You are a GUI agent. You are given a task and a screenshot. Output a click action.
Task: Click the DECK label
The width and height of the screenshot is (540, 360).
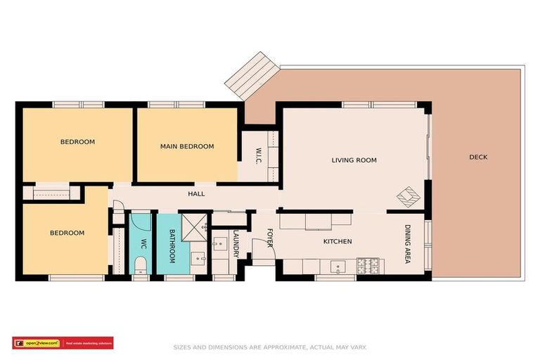click(x=478, y=157)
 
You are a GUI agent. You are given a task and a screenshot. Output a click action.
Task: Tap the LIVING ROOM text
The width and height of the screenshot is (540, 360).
click(x=354, y=160)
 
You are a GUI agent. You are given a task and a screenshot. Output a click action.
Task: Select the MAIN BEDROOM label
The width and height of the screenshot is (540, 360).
click(x=186, y=146)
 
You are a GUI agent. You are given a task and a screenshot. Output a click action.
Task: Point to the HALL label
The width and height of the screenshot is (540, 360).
click(x=196, y=193)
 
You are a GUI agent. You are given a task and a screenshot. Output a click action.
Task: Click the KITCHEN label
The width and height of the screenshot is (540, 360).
click(x=337, y=242)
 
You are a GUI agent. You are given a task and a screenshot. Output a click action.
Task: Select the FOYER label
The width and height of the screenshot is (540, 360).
click(x=269, y=238)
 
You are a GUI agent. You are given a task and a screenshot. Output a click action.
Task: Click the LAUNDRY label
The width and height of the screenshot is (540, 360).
click(x=237, y=243)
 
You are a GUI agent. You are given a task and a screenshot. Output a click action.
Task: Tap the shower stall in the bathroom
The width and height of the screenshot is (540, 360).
click(x=192, y=225)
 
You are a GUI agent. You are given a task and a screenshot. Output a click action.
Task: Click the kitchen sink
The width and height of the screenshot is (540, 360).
click(x=339, y=267)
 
